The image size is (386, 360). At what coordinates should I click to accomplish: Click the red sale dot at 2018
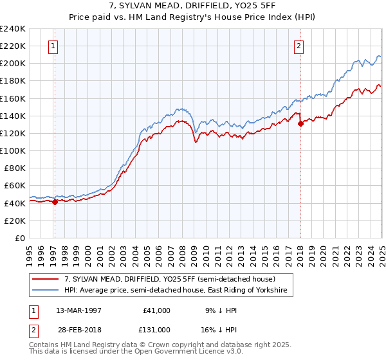click(300, 124)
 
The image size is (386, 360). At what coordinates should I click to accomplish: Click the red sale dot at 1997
click(55, 202)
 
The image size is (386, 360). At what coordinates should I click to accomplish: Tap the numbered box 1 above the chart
click(52, 46)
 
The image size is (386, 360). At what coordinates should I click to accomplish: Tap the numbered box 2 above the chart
click(299, 46)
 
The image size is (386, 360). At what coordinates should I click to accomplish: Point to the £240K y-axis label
click(13, 29)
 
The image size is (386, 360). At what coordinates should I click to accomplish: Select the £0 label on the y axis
click(19, 238)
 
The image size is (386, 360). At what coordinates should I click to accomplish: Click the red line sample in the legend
click(46, 279)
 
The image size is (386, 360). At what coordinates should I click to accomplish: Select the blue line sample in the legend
click(46, 291)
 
